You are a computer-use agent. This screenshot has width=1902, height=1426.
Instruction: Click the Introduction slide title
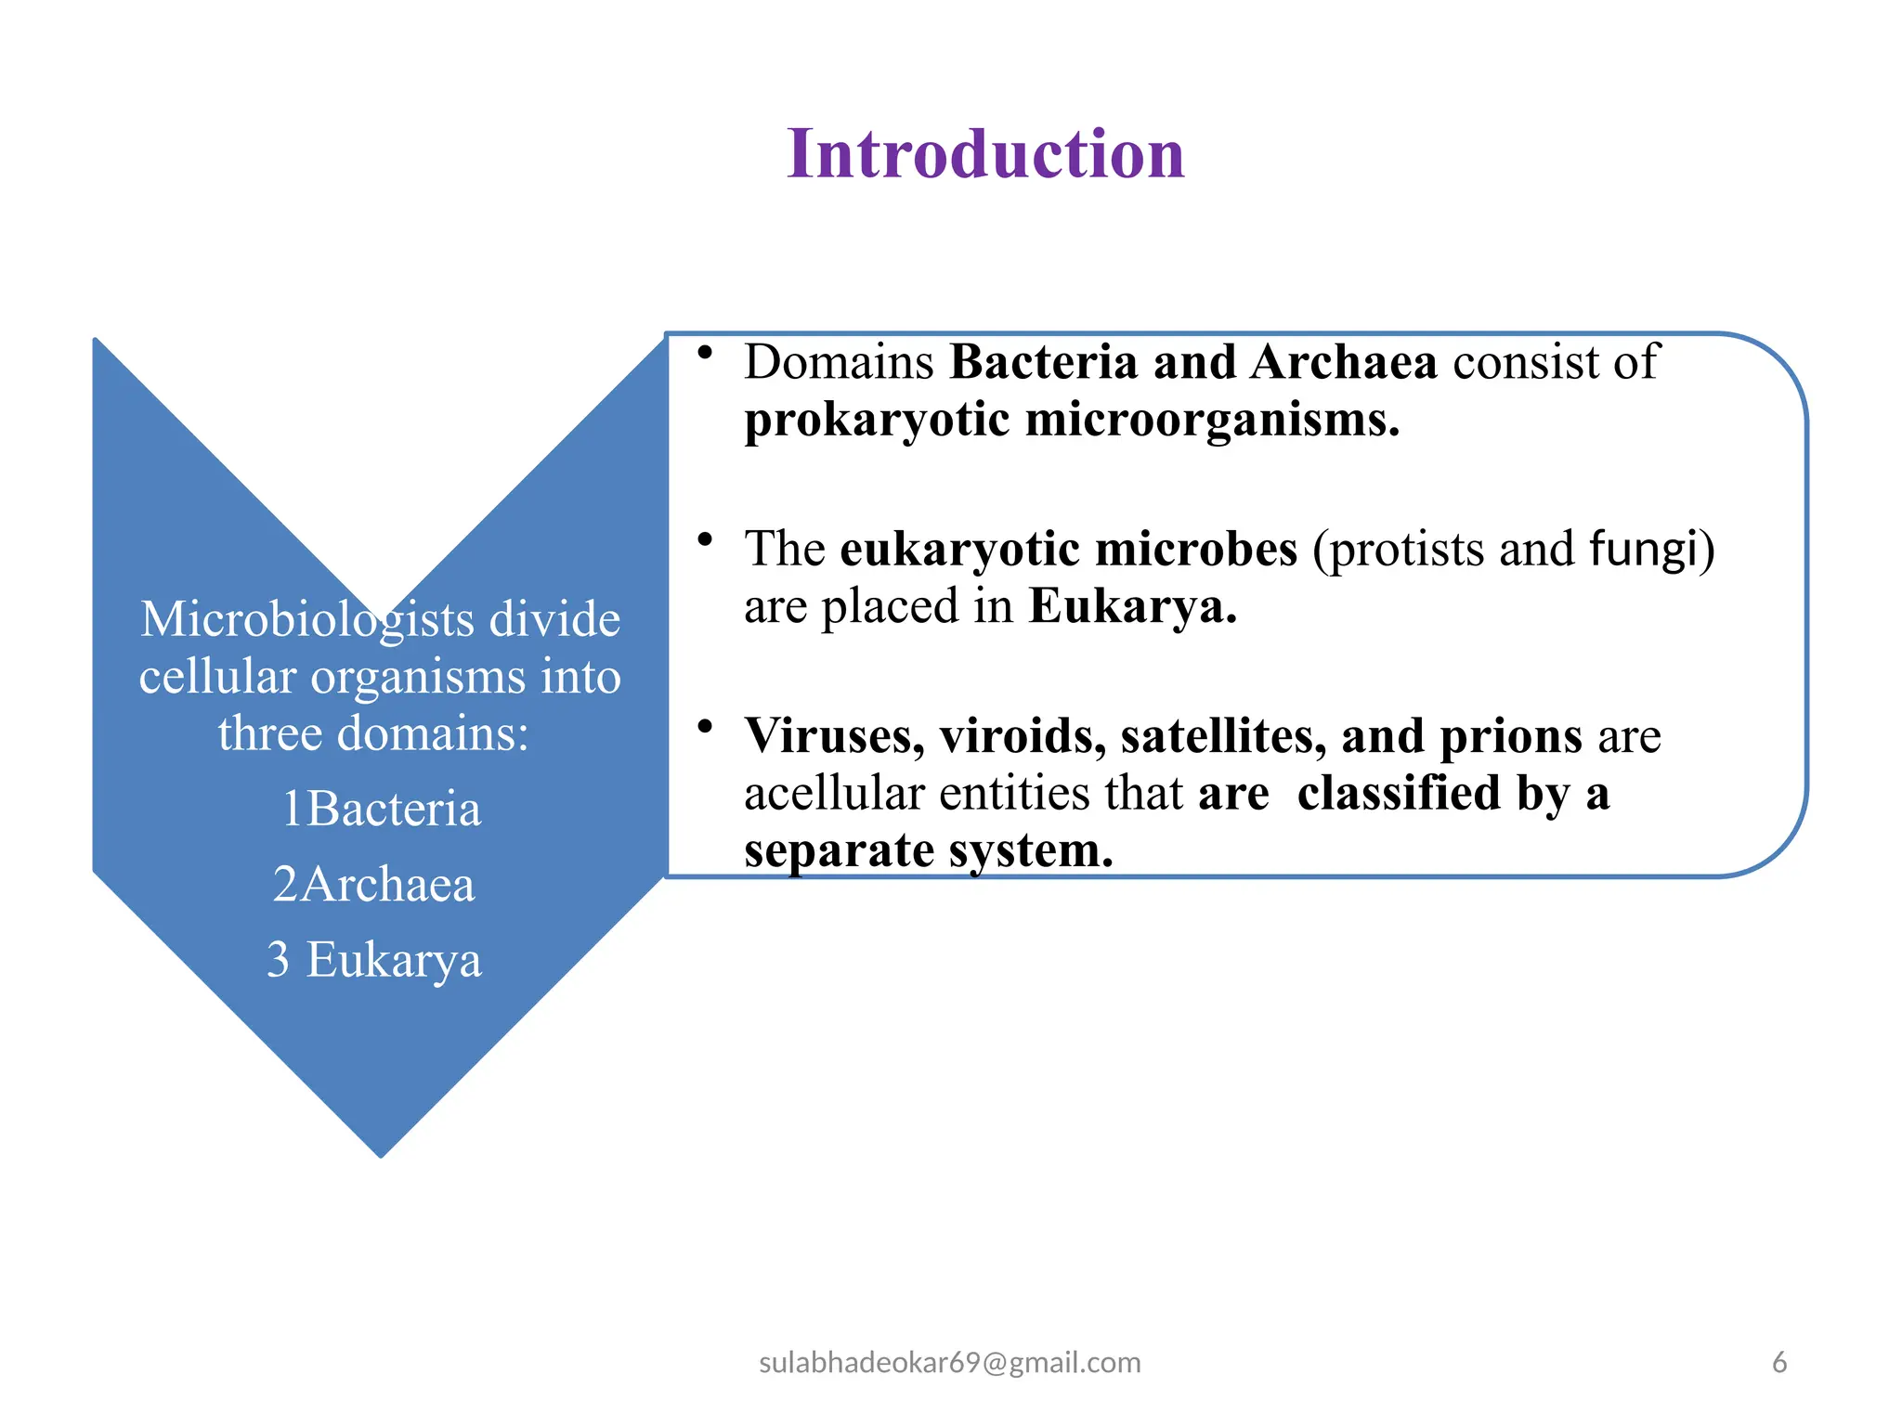[985, 154]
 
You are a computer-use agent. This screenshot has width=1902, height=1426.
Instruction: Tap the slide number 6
[1779, 1362]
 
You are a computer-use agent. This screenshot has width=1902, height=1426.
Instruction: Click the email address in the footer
[949, 1362]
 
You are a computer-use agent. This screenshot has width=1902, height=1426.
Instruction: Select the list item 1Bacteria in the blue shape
[382, 809]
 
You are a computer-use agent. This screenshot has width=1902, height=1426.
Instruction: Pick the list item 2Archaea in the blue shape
[373, 884]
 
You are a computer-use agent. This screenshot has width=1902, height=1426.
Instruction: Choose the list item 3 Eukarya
[374, 959]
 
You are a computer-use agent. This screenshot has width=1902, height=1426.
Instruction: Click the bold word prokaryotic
[877, 420]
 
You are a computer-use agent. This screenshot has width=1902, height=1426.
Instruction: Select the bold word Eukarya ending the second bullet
[1132, 606]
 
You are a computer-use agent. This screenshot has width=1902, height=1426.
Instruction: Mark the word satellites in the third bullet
[1223, 736]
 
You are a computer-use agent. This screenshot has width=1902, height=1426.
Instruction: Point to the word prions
[1510, 736]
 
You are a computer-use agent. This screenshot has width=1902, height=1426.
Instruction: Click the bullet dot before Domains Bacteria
[706, 352]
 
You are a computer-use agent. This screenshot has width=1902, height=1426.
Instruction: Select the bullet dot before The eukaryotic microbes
[706, 538]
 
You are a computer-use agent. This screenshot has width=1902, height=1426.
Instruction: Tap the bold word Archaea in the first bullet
[1343, 362]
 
